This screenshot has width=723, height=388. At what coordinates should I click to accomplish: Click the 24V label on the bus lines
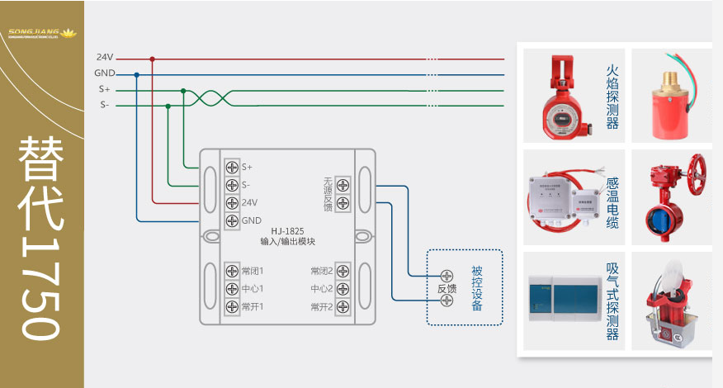click(x=104, y=58)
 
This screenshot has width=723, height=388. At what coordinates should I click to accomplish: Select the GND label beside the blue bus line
click(x=104, y=73)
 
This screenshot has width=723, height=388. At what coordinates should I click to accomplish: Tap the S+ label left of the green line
click(x=104, y=89)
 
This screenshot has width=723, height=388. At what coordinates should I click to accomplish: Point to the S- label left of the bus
click(x=104, y=105)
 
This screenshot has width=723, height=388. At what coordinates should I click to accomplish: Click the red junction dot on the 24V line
click(x=152, y=59)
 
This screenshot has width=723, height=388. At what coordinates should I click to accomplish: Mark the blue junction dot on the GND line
click(x=136, y=74)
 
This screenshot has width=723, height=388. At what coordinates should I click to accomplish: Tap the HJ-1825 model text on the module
click(x=288, y=231)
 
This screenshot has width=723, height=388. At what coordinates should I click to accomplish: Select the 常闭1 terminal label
click(x=253, y=271)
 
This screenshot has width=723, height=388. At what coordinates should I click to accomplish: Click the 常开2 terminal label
click(x=321, y=307)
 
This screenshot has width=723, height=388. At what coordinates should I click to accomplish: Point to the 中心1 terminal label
click(x=253, y=289)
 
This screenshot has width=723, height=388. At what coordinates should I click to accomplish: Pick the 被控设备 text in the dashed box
click(x=478, y=288)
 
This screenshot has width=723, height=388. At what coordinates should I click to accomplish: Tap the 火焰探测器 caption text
click(x=612, y=97)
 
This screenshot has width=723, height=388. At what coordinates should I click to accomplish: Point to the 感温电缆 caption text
click(x=612, y=201)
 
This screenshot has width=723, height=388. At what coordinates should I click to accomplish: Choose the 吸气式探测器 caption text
click(x=612, y=301)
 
